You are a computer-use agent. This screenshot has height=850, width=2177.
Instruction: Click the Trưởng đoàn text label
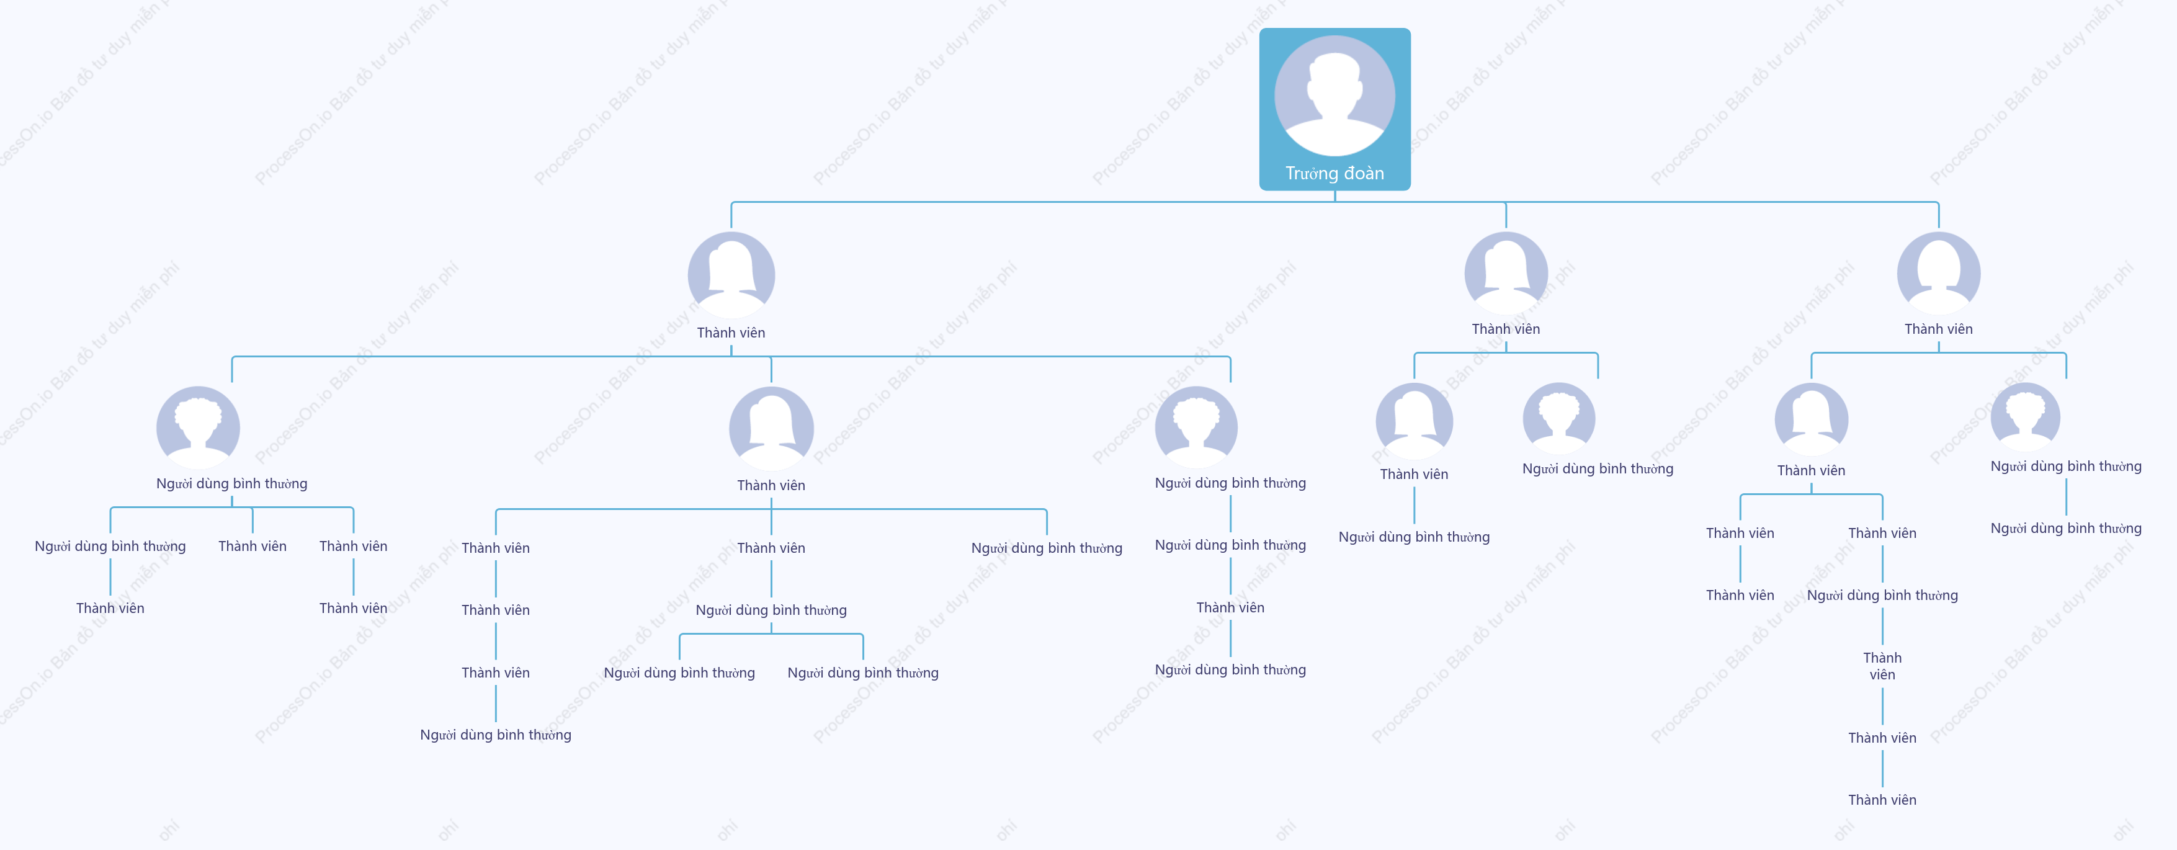click(1334, 173)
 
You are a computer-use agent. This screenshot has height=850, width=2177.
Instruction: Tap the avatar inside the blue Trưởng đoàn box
click(1334, 96)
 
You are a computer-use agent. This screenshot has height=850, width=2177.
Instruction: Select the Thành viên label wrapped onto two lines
click(1882, 666)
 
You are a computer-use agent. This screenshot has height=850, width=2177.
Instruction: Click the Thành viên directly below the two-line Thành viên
click(1882, 738)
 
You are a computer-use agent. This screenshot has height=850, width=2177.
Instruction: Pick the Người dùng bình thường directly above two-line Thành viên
click(1882, 596)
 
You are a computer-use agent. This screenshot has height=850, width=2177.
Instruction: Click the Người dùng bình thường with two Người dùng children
click(771, 610)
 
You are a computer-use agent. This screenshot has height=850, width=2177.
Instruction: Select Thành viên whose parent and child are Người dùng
click(1230, 607)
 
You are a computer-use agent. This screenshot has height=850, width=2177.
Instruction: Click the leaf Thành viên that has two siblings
click(252, 547)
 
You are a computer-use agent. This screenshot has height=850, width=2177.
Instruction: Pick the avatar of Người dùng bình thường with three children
click(198, 427)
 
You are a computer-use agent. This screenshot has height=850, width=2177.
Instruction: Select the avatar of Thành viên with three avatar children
click(731, 275)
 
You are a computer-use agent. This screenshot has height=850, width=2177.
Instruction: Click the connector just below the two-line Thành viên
click(1882, 706)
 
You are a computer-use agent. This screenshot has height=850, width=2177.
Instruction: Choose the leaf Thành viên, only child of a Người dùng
click(110, 609)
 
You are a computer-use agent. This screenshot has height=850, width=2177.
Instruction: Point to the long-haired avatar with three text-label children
click(771, 428)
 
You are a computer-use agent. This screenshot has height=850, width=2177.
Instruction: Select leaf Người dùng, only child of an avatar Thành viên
click(1414, 537)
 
